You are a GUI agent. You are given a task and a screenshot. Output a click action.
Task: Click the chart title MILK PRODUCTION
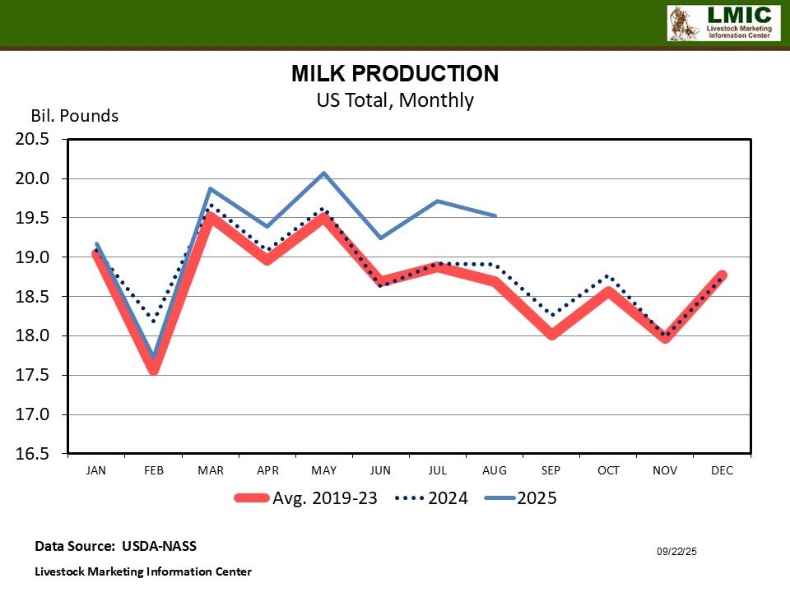click(395, 74)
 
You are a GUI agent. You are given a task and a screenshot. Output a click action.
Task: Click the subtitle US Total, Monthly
click(395, 100)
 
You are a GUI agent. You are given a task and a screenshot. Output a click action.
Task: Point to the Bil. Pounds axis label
click(75, 116)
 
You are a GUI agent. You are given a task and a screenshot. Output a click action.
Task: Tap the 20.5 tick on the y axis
click(33, 139)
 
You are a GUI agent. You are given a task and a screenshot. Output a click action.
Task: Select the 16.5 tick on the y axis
click(33, 454)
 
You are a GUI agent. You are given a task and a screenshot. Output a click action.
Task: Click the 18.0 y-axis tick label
click(33, 335)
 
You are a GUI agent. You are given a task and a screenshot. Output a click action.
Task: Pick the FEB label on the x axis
click(153, 471)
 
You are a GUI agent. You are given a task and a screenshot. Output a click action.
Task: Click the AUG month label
click(495, 471)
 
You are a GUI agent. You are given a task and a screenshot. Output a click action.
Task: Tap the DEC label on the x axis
click(722, 471)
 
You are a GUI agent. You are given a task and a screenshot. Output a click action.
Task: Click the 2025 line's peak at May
click(324, 173)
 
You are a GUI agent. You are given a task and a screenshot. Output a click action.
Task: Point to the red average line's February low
click(153, 370)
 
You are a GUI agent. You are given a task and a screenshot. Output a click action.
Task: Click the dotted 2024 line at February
click(153, 320)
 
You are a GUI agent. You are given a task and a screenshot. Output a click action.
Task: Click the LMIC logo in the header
click(723, 23)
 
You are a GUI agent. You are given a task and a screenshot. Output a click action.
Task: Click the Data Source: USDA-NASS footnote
click(115, 546)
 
